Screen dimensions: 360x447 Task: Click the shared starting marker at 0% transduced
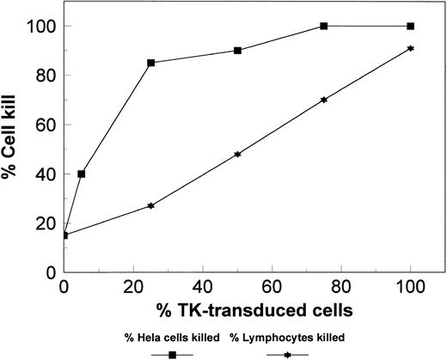[x=64, y=235]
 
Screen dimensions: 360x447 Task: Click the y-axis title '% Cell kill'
[x=14, y=148]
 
